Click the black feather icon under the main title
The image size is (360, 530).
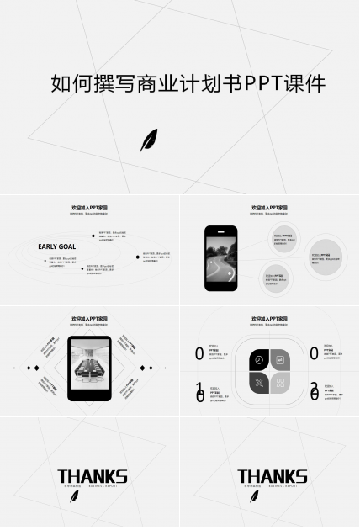coord(148,140)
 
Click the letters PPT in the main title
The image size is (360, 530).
coord(262,84)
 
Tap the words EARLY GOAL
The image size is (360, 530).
coord(57,246)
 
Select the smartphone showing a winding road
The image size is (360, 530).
coord(221,258)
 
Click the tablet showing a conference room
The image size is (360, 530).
coord(89,368)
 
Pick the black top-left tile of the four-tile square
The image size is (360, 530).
coord(259,359)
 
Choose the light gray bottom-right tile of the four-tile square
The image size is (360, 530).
coord(280,383)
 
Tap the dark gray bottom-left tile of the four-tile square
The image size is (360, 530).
coord(259,383)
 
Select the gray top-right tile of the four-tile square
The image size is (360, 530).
coord(280,359)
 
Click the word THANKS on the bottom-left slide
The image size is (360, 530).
coord(93,476)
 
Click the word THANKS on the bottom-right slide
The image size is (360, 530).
coord(272,476)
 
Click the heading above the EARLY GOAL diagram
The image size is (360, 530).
coord(89,207)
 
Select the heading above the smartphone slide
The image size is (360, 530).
coord(269,207)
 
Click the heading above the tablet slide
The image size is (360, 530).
coord(89,319)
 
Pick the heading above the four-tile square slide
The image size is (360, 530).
coord(269,319)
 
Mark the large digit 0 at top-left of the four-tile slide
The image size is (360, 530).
coord(199,354)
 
